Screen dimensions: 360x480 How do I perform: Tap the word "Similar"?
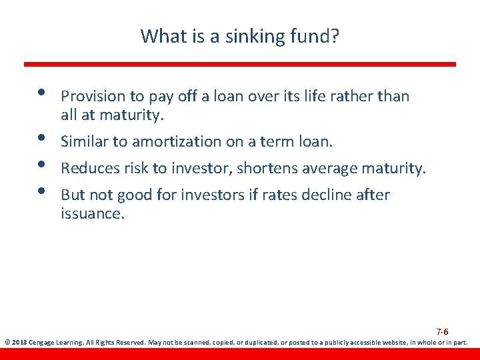tap(85, 142)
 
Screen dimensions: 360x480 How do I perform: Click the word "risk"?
tap(136, 169)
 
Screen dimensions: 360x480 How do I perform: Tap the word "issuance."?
tap(93, 213)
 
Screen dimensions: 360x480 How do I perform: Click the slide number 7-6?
tap(442, 331)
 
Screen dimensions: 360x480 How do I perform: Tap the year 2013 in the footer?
tap(19, 343)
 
